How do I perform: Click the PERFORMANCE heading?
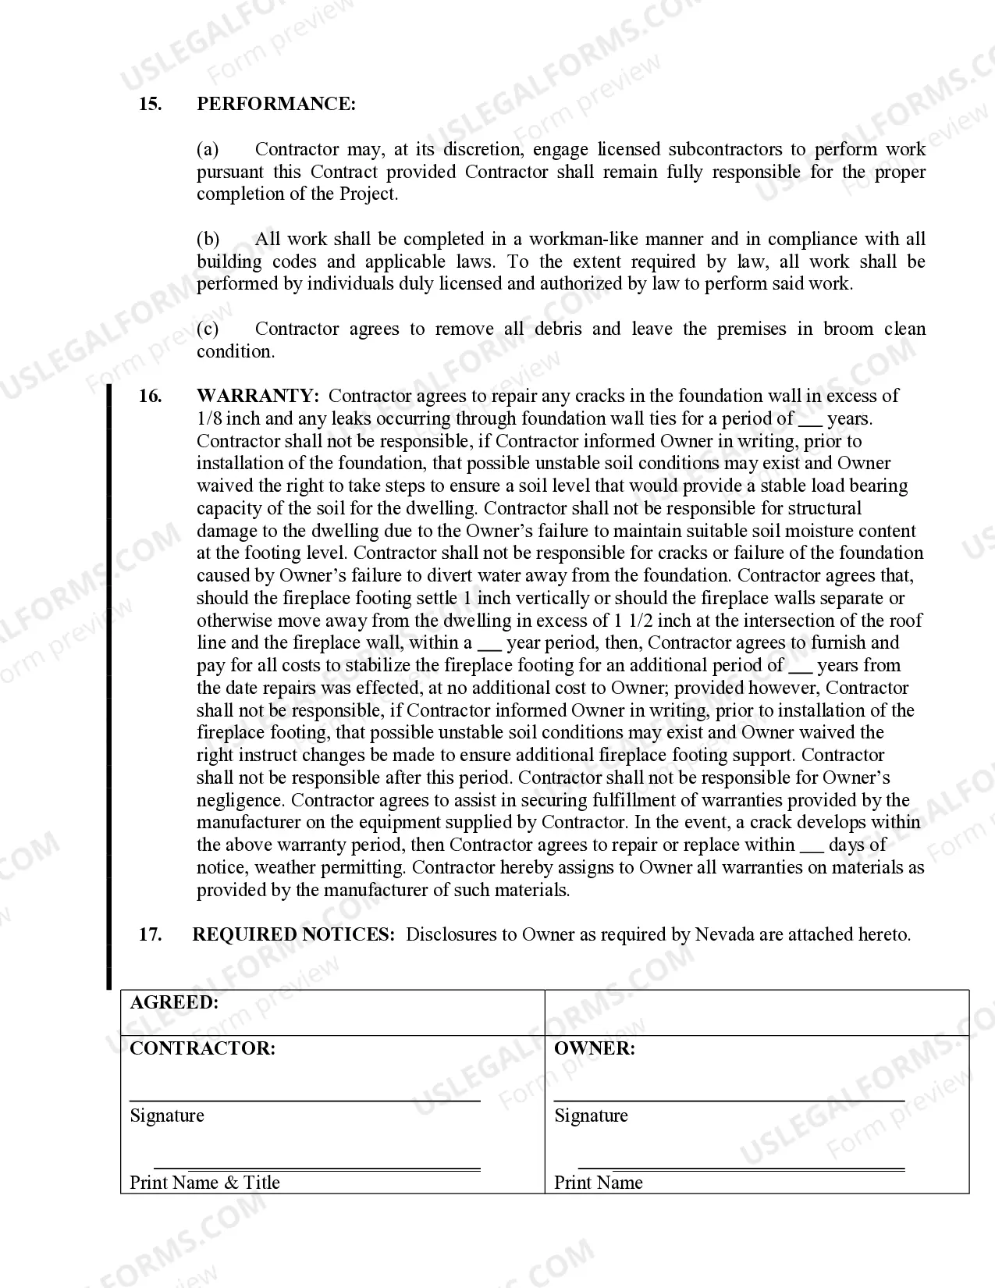pyautogui.click(x=275, y=104)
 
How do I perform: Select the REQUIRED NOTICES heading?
pyautogui.click(x=293, y=934)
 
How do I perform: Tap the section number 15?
pyautogui.click(x=150, y=104)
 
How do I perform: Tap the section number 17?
pyautogui.click(x=150, y=934)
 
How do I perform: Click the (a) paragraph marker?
pyautogui.click(x=208, y=149)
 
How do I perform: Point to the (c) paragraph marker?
pyautogui.click(x=208, y=329)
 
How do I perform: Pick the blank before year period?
pyautogui.click(x=489, y=644)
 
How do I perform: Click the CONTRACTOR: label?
pyautogui.click(x=202, y=1048)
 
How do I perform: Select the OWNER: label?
pyautogui.click(x=594, y=1048)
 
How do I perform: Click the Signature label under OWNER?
pyautogui.click(x=591, y=1115)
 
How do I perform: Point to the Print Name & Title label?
pyautogui.click(x=204, y=1183)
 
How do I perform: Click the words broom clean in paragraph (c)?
pyautogui.click(x=874, y=329)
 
